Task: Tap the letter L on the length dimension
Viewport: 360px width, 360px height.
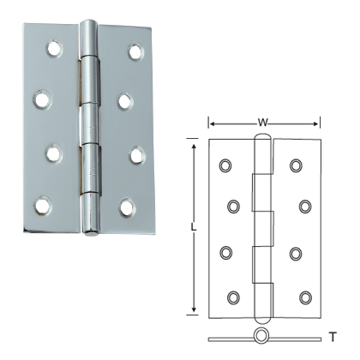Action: [x=195, y=228]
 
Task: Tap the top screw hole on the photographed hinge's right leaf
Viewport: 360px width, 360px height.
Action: [x=135, y=51]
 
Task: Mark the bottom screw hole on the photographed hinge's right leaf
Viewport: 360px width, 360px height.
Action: [x=126, y=207]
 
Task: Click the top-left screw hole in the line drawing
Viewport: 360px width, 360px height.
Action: [x=225, y=164]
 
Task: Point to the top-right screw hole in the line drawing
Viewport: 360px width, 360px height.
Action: [x=296, y=164]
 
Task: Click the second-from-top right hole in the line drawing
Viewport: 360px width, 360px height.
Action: [x=305, y=206]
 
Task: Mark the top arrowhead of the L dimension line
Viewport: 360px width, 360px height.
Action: [x=195, y=147]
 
